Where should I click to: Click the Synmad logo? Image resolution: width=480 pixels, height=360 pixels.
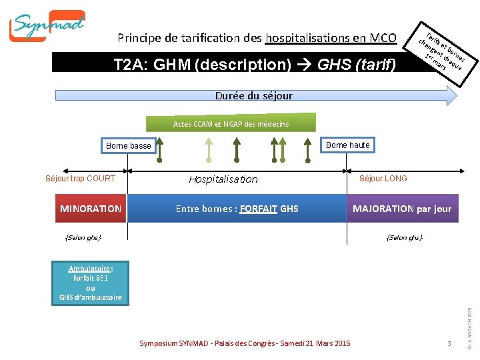tap(47, 26)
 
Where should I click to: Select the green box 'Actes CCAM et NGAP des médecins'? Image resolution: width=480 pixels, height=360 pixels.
tap(231, 124)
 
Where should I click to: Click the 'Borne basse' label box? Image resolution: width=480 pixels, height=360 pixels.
tap(129, 146)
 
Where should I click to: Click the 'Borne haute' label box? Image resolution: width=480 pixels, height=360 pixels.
tap(347, 145)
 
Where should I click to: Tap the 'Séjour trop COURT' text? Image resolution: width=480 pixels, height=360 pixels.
tap(80, 178)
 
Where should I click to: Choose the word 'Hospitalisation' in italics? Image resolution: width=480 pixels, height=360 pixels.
tap(223, 179)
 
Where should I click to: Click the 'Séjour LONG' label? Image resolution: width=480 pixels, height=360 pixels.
tap(383, 178)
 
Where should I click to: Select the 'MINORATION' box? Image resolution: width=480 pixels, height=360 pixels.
tap(91, 209)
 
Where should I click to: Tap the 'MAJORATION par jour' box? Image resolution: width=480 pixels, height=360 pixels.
tap(401, 209)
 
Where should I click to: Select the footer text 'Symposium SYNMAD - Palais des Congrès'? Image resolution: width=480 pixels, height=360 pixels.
tap(244, 343)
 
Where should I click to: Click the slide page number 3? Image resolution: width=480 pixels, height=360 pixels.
tap(450, 343)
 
